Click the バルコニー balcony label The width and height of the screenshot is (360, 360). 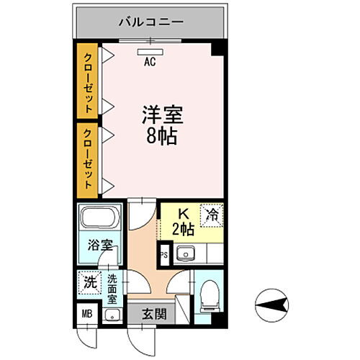click(x=150, y=22)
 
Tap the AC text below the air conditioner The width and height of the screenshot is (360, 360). click(x=150, y=62)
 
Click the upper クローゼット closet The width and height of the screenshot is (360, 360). click(x=88, y=83)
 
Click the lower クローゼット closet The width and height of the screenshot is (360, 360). click(x=88, y=159)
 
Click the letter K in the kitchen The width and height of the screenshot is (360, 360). click(x=183, y=213)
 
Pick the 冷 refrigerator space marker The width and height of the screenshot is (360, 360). click(x=212, y=214)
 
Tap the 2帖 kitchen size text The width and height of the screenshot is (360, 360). click(x=183, y=230)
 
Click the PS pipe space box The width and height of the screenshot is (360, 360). click(x=163, y=254)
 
